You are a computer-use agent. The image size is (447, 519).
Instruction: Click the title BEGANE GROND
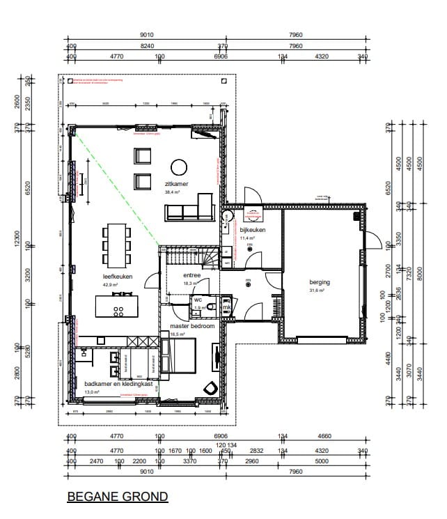click(118, 497)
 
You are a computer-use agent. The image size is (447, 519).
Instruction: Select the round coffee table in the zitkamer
click(180, 166)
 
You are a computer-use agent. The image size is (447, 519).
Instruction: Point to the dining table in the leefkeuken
click(116, 245)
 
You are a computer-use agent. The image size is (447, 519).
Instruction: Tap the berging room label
click(320, 282)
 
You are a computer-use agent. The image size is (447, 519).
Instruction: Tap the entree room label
click(192, 276)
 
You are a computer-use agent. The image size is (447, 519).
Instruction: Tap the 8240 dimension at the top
click(146, 46)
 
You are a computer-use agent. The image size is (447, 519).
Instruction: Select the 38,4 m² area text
click(173, 192)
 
